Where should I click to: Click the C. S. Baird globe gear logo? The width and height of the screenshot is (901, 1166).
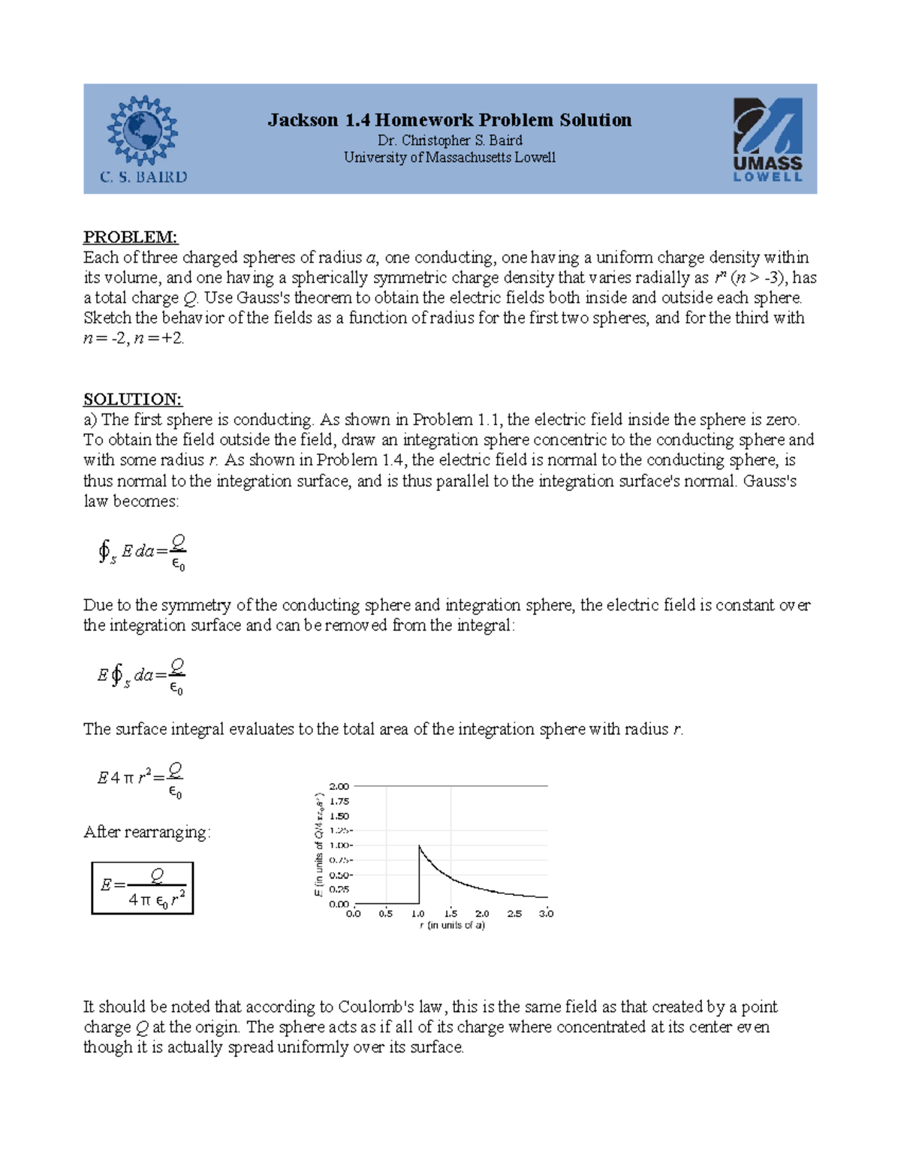tap(142, 131)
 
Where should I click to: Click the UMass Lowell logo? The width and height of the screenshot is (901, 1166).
tap(767, 140)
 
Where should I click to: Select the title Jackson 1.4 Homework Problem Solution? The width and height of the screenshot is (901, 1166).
tap(450, 120)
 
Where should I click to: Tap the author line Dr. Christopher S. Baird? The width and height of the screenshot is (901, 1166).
tap(450, 140)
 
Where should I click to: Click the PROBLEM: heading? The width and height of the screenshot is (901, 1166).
tap(131, 237)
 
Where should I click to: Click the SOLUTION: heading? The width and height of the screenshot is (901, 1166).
tap(133, 399)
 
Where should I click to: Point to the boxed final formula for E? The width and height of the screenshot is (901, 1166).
tap(143, 888)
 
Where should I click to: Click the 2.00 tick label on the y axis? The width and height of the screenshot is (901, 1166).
tap(339, 786)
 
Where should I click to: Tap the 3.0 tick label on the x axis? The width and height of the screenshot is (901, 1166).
tap(546, 914)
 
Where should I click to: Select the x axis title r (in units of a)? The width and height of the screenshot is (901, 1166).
tap(452, 926)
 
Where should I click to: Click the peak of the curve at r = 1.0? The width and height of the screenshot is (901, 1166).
tap(419, 846)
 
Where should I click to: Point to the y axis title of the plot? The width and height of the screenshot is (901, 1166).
tap(318, 845)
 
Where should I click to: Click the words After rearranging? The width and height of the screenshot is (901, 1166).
tap(146, 832)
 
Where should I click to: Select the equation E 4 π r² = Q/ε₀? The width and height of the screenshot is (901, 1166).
tap(140, 779)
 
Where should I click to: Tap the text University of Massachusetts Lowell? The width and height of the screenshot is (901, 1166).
tap(450, 158)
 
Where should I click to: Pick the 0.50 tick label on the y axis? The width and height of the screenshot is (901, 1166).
tap(339, 875)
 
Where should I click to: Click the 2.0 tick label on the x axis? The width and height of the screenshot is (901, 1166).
tap(482, 914)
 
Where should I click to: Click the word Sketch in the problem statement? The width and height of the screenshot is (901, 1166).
tap(107, 318)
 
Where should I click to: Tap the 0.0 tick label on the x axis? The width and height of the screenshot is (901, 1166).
tap(354, 914)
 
